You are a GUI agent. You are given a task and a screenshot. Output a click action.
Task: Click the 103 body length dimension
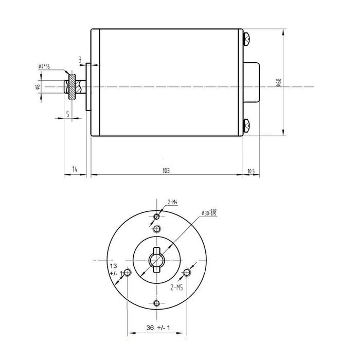coord(166,170)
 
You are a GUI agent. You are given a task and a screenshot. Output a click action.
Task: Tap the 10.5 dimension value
coord(251,170)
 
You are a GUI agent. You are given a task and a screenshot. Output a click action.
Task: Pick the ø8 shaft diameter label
coord(38,87)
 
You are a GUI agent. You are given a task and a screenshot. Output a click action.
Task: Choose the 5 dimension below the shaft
coord(67,114)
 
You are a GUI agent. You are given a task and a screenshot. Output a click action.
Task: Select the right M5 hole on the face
coord(187,272)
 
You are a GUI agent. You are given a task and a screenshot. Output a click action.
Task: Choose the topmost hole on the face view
coord(157,217)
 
